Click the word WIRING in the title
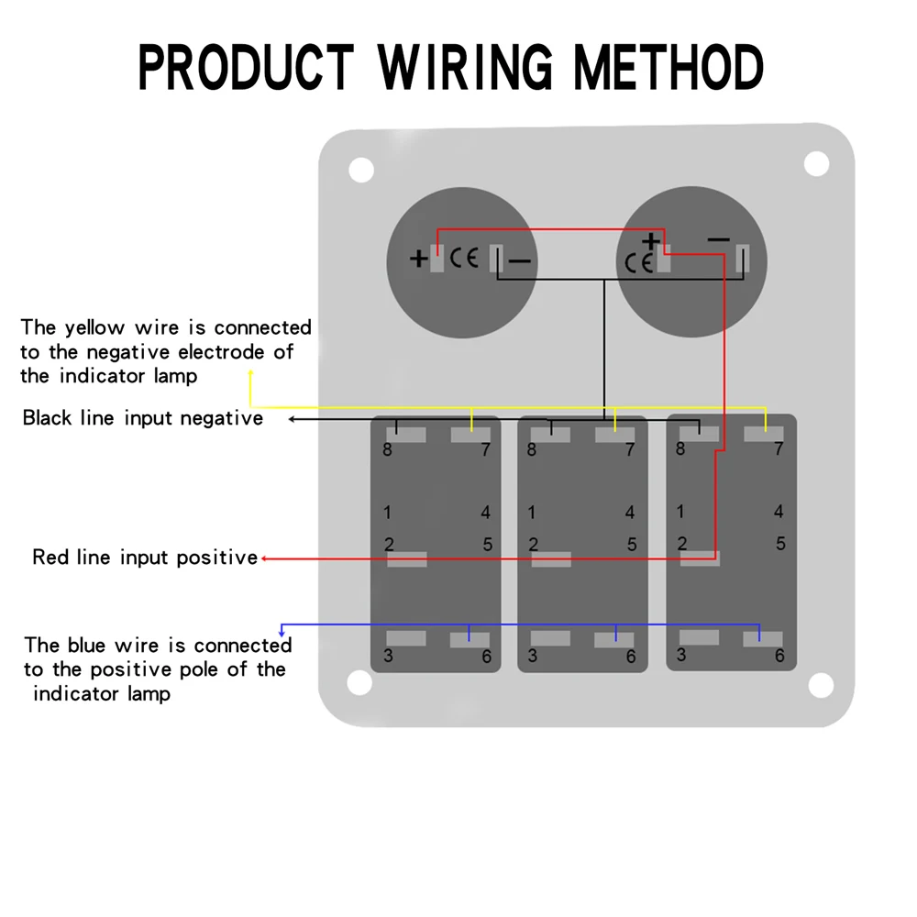pyautogui.click(x=465, y=67)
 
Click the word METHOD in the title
pyautogui.click(x=668, y=67)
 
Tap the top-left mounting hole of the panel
pyautogui.click(x=361, y=170)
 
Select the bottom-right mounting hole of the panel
pyautogui.click(x=821, y=685)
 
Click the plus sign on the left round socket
pyautogui.click(x=418, y=258)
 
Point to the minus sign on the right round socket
pyautogui.click(x=718, y=239)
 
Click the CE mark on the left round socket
pyautogui.click(x=464, y=258)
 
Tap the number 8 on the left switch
pyautogui.click(x=387, y=449)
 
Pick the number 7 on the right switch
pyautogui.click(x=779, y=448)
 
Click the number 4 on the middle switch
pyautogui.click(x=630, y=513)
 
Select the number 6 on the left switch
pyautogui.click(x=487, y=657)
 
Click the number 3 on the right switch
pyautogui.click(x=681, y=655)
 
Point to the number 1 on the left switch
pyautogui.click(x=387, y=513)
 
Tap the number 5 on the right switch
pyautogui.click(x=780, y=544)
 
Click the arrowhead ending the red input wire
pyautogui.click(x=264, y=558)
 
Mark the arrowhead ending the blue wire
pyautogui.click(x=282, y=634)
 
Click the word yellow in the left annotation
pyautogui.click(x=94, y=327)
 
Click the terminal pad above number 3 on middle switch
pyautogui.click(x=550, y=638)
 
